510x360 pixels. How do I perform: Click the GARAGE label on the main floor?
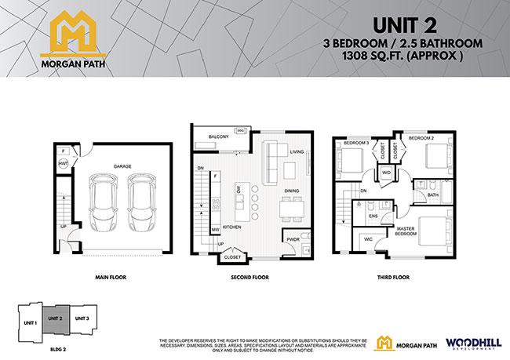(122, 166)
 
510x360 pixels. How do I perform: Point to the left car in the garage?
(104, 202)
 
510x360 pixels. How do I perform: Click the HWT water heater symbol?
(63, 163)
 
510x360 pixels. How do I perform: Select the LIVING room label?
(297, 152)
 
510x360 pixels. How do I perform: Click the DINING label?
(292, 191)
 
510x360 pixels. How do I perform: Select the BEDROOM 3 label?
(355, 142)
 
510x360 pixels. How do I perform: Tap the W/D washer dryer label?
(386, 173)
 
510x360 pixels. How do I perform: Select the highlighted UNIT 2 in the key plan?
(56, 318)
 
